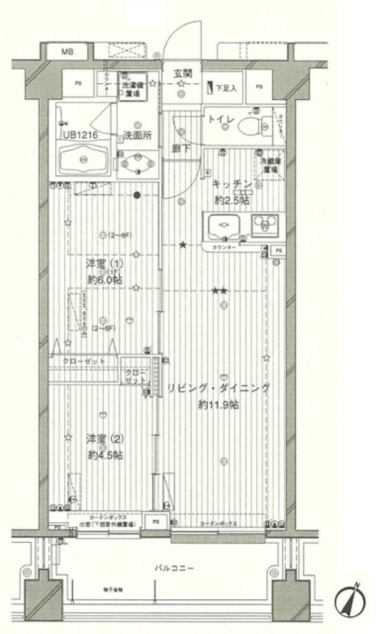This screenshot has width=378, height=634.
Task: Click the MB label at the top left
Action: click(67, 52)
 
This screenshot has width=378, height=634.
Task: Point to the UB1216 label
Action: click(80, 135)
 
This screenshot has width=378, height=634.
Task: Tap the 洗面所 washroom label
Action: click(137, 136)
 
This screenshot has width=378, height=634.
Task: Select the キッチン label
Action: click(232, 184)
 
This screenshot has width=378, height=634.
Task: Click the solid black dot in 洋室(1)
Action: click(137, 195)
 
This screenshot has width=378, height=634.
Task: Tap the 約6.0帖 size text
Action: click(105, 280)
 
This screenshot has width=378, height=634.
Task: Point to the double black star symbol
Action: click(219, 291)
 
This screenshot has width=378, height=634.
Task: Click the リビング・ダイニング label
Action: click(219, 388)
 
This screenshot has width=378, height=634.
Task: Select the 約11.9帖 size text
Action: click(219, 405)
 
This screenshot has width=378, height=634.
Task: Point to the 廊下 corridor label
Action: click(181, 149)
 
